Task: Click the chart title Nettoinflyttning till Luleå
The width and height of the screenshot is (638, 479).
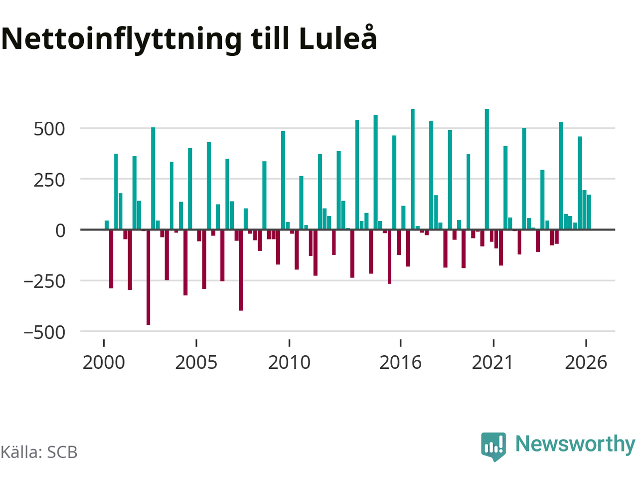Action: (x=189, y=39)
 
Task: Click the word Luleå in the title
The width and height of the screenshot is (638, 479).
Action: (x=338, y=37)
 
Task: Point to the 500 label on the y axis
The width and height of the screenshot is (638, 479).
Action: (x=49, y=129)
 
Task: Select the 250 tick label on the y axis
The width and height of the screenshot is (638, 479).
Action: (x=49, y=180)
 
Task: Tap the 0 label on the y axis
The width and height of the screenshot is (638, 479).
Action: (x=60, y=231)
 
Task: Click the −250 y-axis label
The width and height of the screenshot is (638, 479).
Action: (x=44, y=282)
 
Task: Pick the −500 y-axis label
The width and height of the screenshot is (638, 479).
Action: (x=44, y=332)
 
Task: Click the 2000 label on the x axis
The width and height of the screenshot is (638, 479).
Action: (x=104, y=362)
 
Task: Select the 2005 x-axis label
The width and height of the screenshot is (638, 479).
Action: (x=196, y=362)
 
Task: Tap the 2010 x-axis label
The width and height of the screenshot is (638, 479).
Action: (x=289, y=362)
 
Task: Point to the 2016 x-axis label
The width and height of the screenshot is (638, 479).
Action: (x=401, y=362)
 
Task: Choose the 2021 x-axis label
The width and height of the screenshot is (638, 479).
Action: (x=493, y=362)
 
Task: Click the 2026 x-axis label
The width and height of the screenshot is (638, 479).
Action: (x=586, y=362)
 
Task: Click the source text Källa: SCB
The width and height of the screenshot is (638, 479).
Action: (x=39, y=452)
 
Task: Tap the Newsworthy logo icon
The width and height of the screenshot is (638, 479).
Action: (x=493, y=446)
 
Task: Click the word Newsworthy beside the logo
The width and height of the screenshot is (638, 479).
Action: (x=575, y=445)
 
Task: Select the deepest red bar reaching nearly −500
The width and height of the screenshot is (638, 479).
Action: (x=148, y=277)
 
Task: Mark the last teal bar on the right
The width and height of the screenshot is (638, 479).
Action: (x=589, y=212)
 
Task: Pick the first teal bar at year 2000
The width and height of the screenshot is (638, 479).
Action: (x=107, y=225)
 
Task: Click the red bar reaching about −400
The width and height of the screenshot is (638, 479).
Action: (x=241, y=270)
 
